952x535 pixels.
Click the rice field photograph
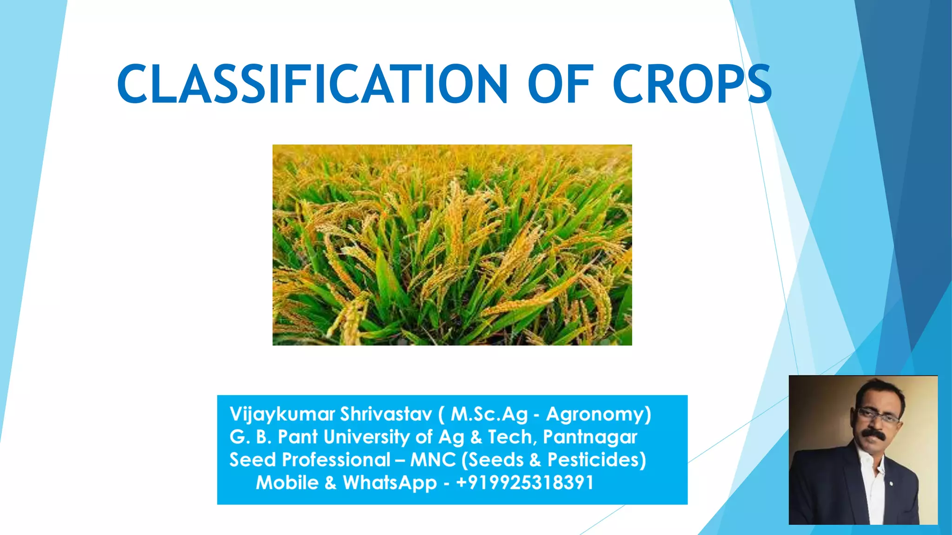pos(452,245)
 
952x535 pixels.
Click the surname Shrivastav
pos(386,414)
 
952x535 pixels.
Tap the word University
pos(367,437)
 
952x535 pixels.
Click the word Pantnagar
pos(590,437)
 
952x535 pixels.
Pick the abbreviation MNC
pos(433,460)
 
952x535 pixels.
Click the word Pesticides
pos(596,460)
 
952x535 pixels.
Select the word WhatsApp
pos(390,483)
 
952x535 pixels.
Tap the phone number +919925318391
pos(525,483)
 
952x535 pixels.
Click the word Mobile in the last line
pos(287,483)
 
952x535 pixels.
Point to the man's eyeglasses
pos(878,415)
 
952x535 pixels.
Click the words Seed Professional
pos(310,460)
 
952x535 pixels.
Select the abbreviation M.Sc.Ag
pos(489,414)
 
